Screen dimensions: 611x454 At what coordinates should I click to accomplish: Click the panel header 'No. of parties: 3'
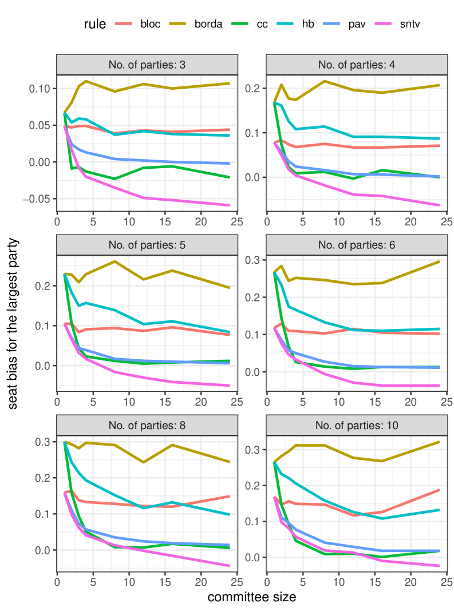[x=147, y=65]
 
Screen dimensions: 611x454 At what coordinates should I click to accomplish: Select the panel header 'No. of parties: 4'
[x=357, y=65]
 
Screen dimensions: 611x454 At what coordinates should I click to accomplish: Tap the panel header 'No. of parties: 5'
[x=147, y=245]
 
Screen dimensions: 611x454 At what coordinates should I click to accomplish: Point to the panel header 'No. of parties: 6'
[x=357, y=245]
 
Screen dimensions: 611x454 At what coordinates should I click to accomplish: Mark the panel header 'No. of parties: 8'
[x=147, y=426]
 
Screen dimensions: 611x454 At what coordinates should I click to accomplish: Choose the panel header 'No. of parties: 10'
[x=357, y=426]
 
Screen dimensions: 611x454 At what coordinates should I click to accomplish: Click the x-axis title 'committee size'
[x=251, y=598]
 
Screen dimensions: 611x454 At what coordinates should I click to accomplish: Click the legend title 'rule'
[x=94, y=24]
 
